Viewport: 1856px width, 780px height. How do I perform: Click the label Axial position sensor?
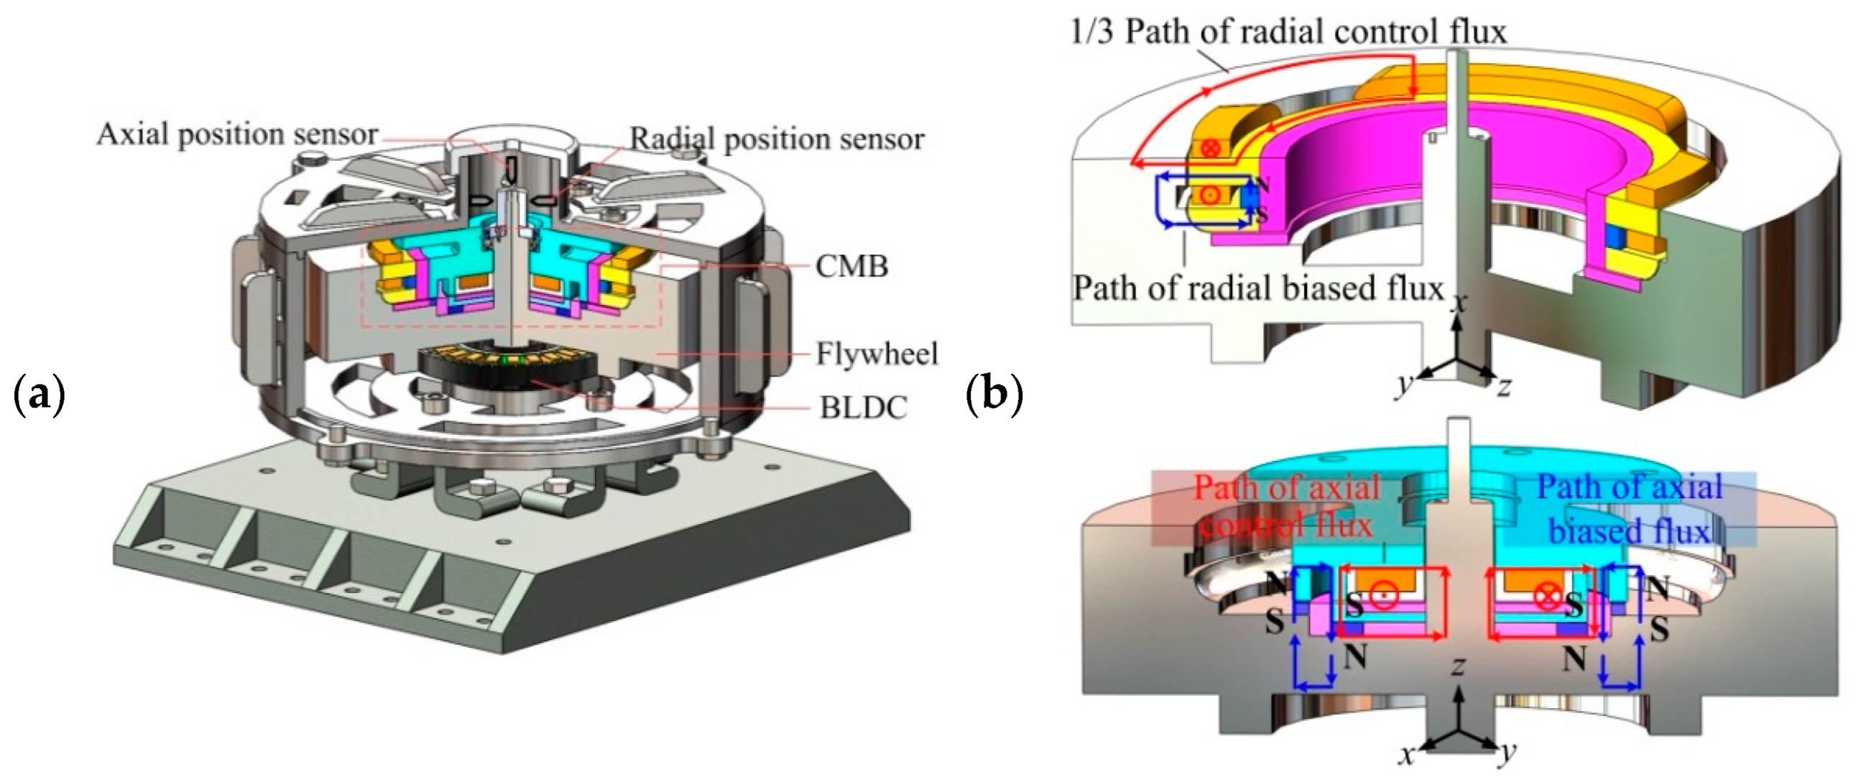pyautogui.click(x=237, y=135)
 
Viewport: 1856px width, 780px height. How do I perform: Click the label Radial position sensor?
pyautogui.click(x=777, y=139)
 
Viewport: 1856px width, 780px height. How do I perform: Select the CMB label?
pyautogui.click(x=851, y=267)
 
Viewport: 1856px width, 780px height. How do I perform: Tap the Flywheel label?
pyautogui.click(x=877, y=354)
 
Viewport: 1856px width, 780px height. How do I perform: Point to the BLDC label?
pyautogui.click(x=863, y=408)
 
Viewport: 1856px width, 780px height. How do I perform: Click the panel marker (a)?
pyautogui.click(x=40, y=396)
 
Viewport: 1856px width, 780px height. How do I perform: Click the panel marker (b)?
pyautogui.click(x=994, y=396)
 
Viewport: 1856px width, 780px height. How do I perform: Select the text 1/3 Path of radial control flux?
pyautogui.click(x=1288, y=32)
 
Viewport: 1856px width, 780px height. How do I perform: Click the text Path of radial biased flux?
pyautogui.click(x=1258, y=288)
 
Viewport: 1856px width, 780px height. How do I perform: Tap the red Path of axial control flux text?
pyautogui.click(x=1287, y=507)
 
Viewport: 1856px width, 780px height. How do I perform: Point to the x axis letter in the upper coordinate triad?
pyautogui.click(x=1459, y=303)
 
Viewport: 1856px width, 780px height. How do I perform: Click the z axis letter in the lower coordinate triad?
pyautogui.click(x=1459, y=666)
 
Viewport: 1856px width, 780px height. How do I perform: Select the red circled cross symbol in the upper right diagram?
pyautogui.click(x=1211, y=149)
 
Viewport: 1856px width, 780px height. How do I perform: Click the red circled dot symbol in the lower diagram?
pyautogui.click(x=1382, y=595)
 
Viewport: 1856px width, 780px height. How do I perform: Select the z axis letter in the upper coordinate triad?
pyautogui.click(x=1504, y=387)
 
